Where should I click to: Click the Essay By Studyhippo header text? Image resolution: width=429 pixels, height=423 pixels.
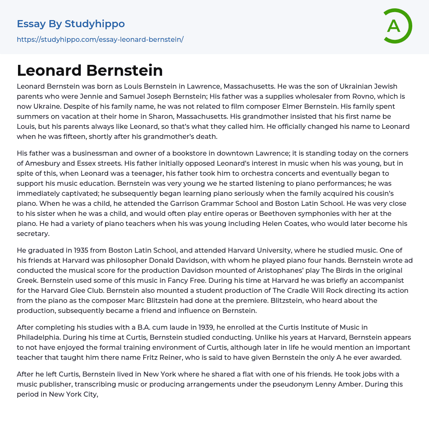(x=71, y=24)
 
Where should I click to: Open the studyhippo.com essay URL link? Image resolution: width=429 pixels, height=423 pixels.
(x=100, y=40)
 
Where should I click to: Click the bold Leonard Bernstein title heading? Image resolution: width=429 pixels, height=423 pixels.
(x=90, y=71)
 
